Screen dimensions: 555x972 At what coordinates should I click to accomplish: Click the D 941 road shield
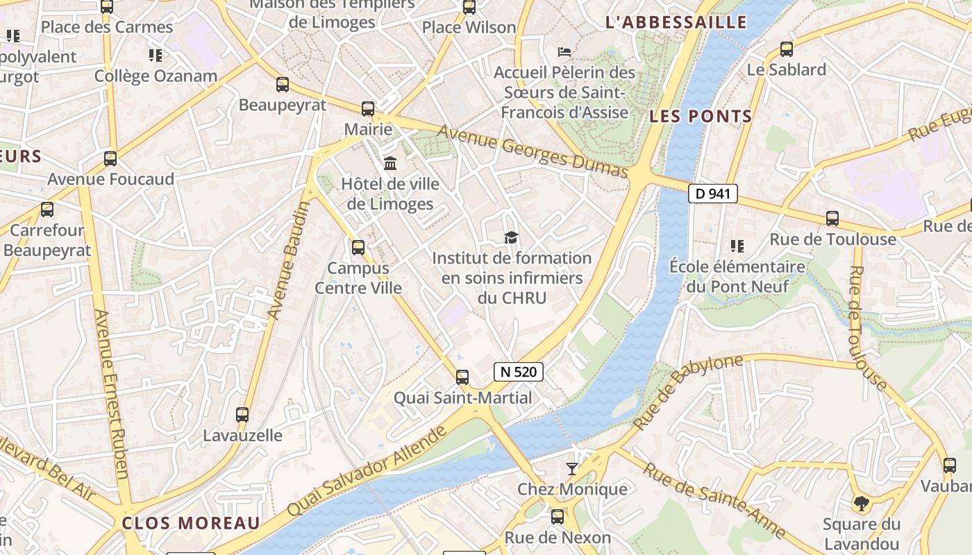712,194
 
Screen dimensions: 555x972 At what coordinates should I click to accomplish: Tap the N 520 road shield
518,372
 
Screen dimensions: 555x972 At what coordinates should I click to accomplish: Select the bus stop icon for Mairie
367,109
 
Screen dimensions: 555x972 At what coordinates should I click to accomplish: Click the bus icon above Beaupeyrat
282,85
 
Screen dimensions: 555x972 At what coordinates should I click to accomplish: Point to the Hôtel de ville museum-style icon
390,164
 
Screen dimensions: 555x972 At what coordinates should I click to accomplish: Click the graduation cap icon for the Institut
511,237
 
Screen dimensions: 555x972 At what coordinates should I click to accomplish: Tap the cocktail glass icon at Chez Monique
572,469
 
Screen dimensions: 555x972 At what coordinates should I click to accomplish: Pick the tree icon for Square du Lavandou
861,503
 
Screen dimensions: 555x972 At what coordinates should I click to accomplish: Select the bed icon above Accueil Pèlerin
564,51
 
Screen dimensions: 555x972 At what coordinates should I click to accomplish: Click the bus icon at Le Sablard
786,49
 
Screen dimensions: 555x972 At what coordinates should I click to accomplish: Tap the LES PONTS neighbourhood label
701,117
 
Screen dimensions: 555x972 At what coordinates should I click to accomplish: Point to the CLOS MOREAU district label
191,523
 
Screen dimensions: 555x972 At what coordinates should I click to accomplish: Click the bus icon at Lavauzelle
242,415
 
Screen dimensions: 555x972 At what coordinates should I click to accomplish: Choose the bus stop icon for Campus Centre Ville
358,247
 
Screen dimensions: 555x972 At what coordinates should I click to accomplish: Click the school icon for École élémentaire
737,246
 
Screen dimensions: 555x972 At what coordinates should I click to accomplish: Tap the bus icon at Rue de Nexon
557,517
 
